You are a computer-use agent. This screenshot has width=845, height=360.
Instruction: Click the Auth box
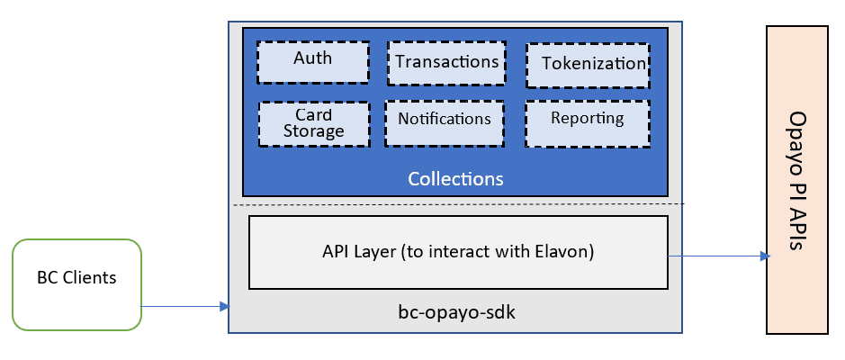click(313, 60)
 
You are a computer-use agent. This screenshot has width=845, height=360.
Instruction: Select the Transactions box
click(446, 62)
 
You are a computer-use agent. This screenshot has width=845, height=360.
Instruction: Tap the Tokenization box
click(588, 64)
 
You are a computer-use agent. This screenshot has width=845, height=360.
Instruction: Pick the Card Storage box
click(313, 123)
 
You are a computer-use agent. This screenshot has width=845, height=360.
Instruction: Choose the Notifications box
click(444, 121)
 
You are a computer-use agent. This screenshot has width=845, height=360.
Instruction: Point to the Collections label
click(455, 178)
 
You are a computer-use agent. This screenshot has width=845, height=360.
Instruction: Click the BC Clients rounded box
click(76, 283)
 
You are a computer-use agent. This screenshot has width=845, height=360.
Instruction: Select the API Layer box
click(457, 253)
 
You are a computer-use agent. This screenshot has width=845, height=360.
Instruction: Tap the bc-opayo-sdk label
click(456, 312)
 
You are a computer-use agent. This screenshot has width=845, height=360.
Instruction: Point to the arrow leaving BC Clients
click(180, 307)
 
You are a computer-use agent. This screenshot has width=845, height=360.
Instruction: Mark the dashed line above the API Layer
click(457, 204)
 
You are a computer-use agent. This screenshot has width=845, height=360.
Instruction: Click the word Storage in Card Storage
click(313, 131)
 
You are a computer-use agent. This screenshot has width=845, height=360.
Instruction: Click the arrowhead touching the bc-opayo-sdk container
click(224, 307)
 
